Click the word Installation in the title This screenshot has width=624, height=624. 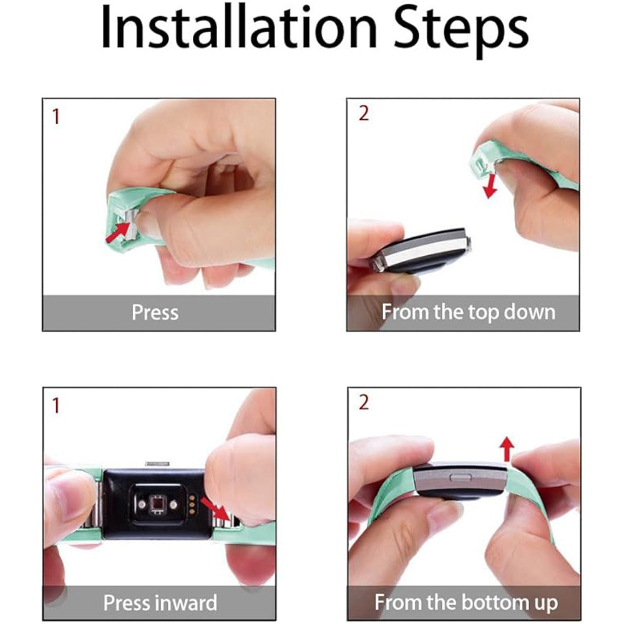pyautogui.click(x=238, y=29)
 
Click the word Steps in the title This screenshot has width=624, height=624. pyautogui.click(x=460, y=32)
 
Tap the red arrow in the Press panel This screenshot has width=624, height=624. pyautogui.click(x=119, y=232)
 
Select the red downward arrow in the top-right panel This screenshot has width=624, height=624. pyautogui.click(x=490, y=186)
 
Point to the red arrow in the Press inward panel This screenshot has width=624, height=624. pyautogui.click(x=216, y=509)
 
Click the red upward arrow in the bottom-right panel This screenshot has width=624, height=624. pyautogui.click(x=507, y=449)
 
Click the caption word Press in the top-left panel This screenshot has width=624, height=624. pyautogui.click(x=155, y=313)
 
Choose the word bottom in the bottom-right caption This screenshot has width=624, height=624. pyautogui.click(x=492, y=602)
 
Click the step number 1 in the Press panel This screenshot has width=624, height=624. pyautogui.click(x=56, y=117)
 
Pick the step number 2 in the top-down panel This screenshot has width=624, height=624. pyautogui.click(x=364, y=114)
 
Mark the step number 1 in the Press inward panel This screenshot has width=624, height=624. pyautogui.click(x=56, y=406)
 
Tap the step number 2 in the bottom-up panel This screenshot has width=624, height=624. pyautogui.click(x=364, y=402)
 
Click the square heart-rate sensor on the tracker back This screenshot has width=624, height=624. pyautogui.click(x=157, y=505)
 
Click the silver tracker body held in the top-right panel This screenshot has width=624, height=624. pyautogui.click(x=422, y=251)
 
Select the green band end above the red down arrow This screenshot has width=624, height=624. pyautogui.click(x=482, y=163)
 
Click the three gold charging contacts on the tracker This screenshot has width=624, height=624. pyautogui.click(x=192, y=505)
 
